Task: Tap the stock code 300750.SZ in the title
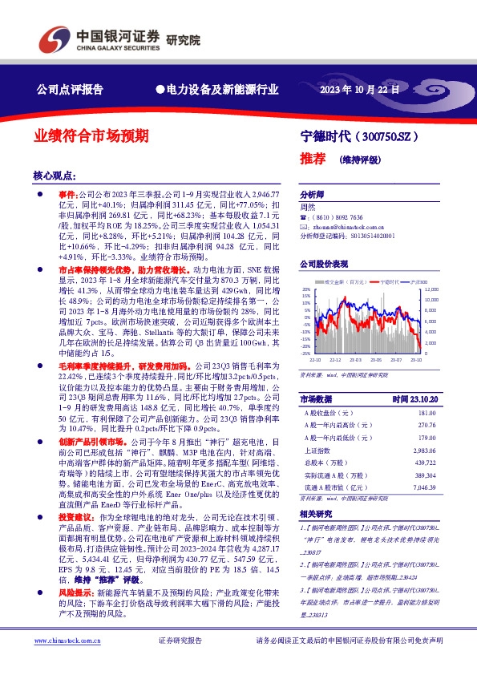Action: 391,137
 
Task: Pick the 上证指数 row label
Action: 319,451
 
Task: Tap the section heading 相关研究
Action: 316,514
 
